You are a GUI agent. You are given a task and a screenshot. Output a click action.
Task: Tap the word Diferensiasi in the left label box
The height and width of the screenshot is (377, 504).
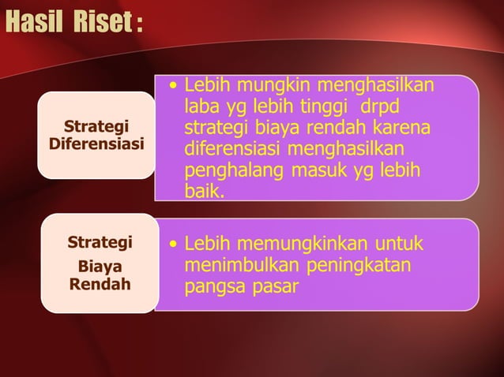(x=96, y=144)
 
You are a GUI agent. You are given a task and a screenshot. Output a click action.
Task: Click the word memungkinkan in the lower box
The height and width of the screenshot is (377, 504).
(x=295, y=243)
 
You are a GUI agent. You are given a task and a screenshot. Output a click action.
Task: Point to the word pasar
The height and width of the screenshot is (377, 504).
(x=274, y=286)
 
